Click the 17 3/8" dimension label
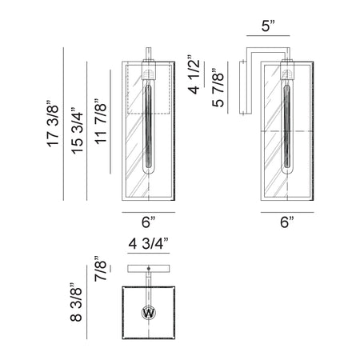(x=53, y=124)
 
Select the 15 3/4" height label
(x=77, y=130)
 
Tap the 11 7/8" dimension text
(x=101, y=122)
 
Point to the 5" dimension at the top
(x=268, y=26)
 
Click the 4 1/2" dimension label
(x=194, y=74)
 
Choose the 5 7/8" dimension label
(x=218, y=88)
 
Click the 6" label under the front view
(x=148, y=222)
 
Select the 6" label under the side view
(x=287, y=222)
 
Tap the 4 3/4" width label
(x=149, y=243)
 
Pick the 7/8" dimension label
(x=100, y=269)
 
